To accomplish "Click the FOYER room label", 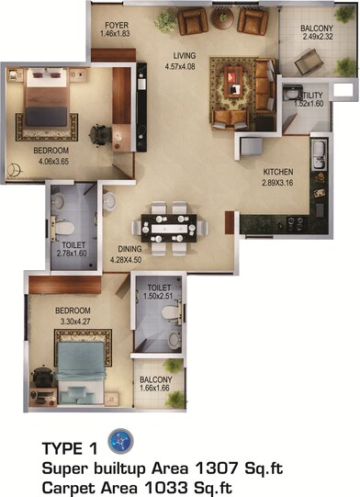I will (x=117, y=25).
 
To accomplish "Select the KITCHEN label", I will (x=278, y=172).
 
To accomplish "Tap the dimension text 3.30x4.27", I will (x=52, y=322).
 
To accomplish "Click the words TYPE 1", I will (x=69, y=450).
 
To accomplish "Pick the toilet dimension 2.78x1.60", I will (x=73, y=254).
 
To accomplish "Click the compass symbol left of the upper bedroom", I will (x=14, y=169).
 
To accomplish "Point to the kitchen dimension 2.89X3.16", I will (x=277, y=184).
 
